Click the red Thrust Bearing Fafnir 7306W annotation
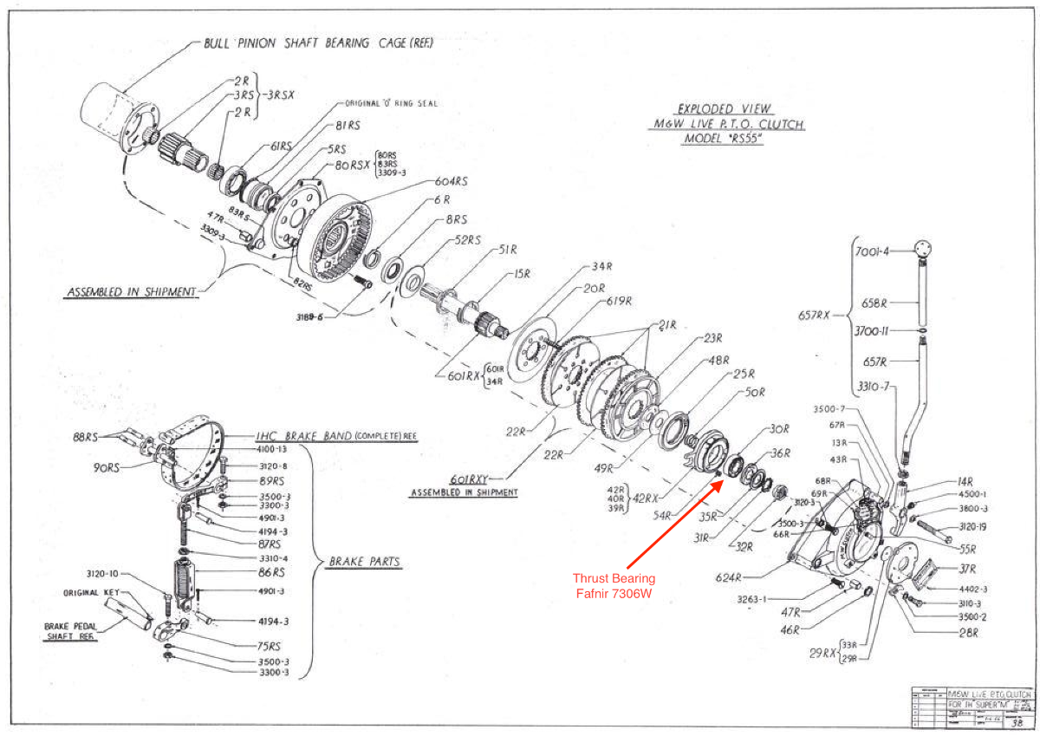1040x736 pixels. pos(614,585)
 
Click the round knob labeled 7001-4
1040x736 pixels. pos(925,250)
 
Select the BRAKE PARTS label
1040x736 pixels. pos(364,562)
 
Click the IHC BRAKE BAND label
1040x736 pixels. pos(336,436)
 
